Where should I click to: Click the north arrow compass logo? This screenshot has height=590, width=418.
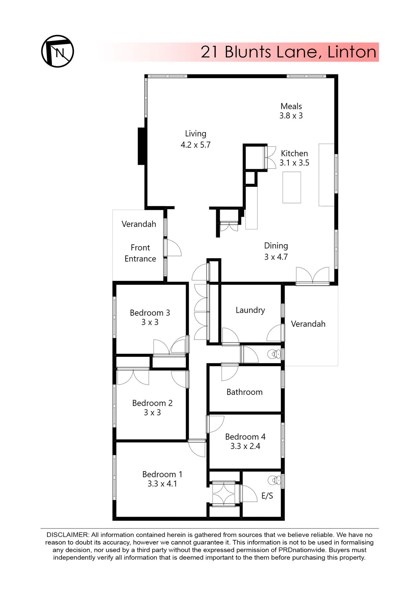[x=58, y=51]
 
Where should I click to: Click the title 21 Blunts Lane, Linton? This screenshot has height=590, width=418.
[x=288, y=52]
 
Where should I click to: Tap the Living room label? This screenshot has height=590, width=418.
[x=195, y=134]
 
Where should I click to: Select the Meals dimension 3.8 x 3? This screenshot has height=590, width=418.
[x=291, y=116]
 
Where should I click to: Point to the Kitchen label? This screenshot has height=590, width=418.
[x=294, y=153]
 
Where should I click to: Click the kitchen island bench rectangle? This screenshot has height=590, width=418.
[x=291, y=187]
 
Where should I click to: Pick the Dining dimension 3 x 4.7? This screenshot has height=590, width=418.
[x=276, y=257]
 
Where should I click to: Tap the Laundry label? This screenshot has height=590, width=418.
[x=250, y=310]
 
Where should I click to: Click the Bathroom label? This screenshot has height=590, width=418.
[x=244, y=392]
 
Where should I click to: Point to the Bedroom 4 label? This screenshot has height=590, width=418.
[x=245, y=437]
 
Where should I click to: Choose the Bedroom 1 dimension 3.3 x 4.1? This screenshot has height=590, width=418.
[x=162, y=484]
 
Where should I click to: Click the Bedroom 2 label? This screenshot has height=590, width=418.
[x=152, y=403]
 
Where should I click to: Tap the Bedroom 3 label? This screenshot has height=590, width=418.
[x=150, y=313]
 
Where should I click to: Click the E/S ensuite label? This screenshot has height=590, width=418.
[x=267, y=496]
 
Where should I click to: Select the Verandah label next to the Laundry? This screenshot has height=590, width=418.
[x=308, y=324]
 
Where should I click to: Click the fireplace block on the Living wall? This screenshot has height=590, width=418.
[x=142, y=146]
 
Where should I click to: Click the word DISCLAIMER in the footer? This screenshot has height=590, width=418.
[x=67, y=535]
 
